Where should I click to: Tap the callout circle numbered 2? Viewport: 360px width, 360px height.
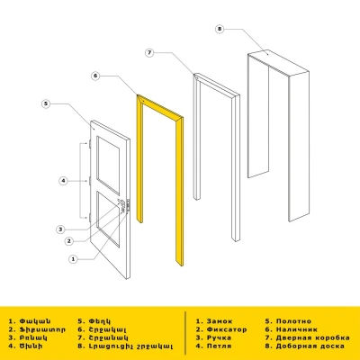coord(68,242)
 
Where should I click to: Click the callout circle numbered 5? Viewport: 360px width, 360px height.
coord(45,105)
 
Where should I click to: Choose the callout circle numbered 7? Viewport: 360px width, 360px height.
coord(149,53)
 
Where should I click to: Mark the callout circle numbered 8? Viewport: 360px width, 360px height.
coord(219,29)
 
